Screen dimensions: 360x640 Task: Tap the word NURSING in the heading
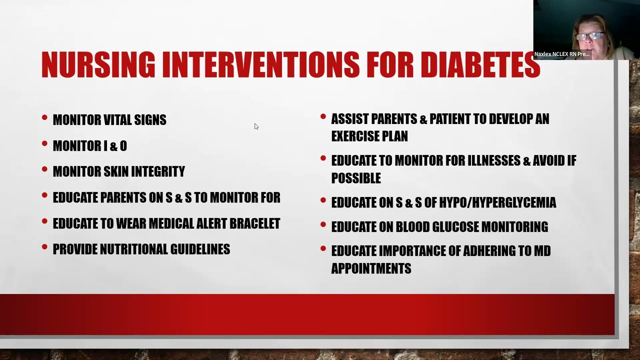(x=98, y=65)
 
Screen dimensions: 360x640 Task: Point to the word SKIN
(x=115, y=172)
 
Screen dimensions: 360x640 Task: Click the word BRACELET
(x=254, y=223)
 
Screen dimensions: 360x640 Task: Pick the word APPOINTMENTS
(x=371, y=268)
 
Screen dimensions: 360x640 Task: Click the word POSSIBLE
(x=356, y=178)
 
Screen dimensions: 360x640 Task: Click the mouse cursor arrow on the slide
(x=256, y=126)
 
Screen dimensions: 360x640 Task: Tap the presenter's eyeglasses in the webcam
(x=590, y=36)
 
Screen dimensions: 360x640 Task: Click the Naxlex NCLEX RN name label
(x=561, y=54)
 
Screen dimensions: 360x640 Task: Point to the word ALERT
(x=206, y=223)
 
